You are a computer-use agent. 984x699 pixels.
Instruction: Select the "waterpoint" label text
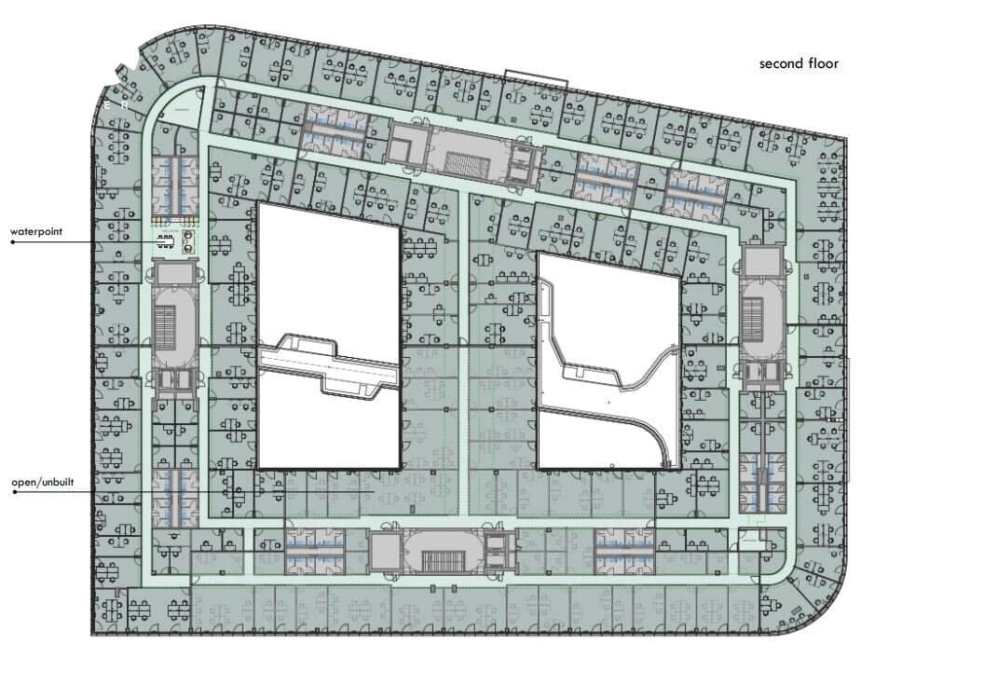(x=36, y=231)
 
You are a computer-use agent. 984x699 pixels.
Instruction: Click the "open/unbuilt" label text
(x=43, y=483)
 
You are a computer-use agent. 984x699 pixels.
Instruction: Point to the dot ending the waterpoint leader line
(x=12, y=241)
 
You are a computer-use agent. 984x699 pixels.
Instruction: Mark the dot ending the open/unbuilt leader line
(x=14, y=492)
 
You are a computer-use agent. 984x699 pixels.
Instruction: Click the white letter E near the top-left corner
(x=106, y=104)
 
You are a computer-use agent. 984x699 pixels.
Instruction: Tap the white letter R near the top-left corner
(x=125, y=105)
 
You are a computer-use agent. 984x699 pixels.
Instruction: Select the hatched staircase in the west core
(x=166, y=327)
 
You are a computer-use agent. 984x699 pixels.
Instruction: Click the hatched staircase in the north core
(x=467, y=164)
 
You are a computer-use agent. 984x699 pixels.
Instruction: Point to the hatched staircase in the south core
(x=443, y=562)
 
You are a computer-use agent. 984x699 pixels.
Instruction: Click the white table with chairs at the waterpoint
(x=165, y=241)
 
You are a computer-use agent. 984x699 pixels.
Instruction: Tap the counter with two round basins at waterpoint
(x=187, y=241)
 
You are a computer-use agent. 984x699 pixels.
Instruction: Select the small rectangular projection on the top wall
(x=536, y=78)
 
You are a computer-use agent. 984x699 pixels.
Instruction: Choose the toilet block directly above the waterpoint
(x=173, y=185)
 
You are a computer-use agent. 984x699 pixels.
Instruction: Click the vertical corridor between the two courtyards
(x=464, y=352)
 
